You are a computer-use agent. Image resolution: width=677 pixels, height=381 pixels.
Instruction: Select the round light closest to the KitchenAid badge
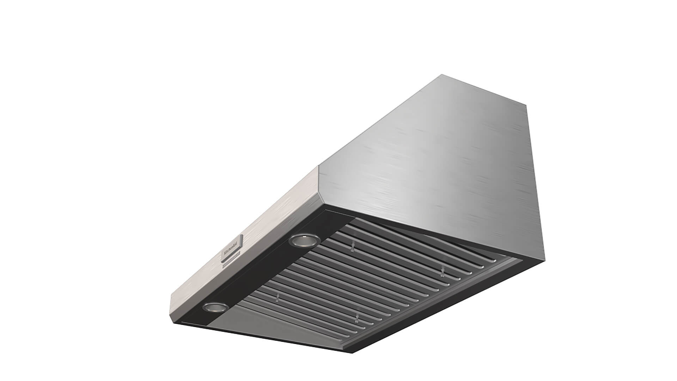click(304, 241)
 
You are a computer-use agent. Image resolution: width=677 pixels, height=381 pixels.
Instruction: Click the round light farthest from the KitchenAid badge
click(215, 307)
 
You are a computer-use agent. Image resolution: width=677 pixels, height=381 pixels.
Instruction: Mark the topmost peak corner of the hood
click(441, 75)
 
